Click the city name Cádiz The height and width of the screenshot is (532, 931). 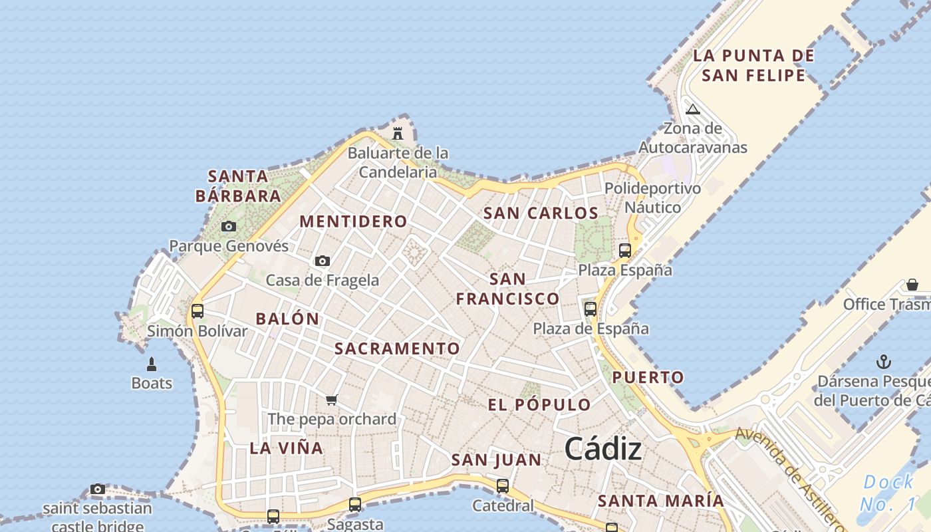tap(603, 450)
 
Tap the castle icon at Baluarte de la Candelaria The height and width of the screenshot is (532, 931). tap(398, 133)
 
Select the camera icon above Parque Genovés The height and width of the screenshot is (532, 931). tap(229, 226)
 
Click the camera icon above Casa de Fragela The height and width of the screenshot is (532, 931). tap(323, 261)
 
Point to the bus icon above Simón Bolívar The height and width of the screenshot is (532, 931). tap(198, 311)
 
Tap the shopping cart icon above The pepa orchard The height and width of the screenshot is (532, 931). tap(332, 400)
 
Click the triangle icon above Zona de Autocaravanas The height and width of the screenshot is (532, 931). tap(693, 109)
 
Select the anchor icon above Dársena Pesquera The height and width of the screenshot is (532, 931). tap(884, 362)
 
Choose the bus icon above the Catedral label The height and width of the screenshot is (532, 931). tap(503, 485)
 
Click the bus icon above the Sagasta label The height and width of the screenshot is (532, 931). tap(355, 504)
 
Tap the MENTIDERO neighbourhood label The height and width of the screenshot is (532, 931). tap(353, 221)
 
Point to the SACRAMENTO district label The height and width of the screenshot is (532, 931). tap(397, 348)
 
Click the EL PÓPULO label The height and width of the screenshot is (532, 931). tap(539, 404)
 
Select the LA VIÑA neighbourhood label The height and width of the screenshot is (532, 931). tap(287, 448)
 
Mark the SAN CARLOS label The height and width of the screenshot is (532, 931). tap(541, 213)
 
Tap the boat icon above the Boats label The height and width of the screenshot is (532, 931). tap(152, 364)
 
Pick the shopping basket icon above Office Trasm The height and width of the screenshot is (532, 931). tap(912, 285)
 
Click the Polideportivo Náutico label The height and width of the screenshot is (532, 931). tap(652, 198)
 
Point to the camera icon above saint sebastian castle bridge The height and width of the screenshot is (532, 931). tap(98, 489)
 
